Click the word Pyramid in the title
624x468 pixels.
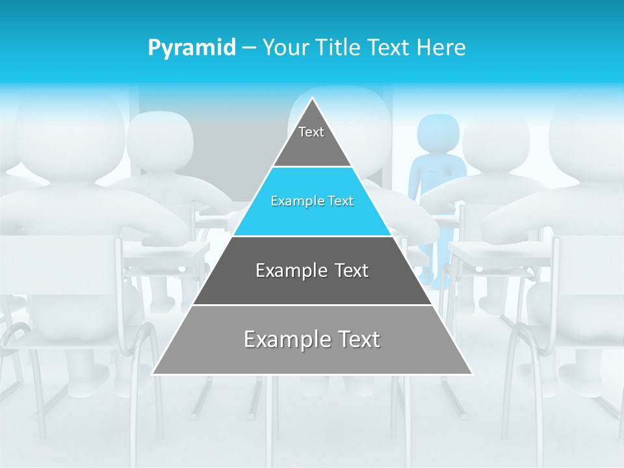coord(191,48)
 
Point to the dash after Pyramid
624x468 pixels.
coord(248,48)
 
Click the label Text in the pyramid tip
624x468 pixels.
coord(311,132)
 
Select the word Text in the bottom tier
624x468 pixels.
coord(357,339)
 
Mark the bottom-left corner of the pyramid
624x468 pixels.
coord(153,374)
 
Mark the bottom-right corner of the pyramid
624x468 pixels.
coord(473,374)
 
